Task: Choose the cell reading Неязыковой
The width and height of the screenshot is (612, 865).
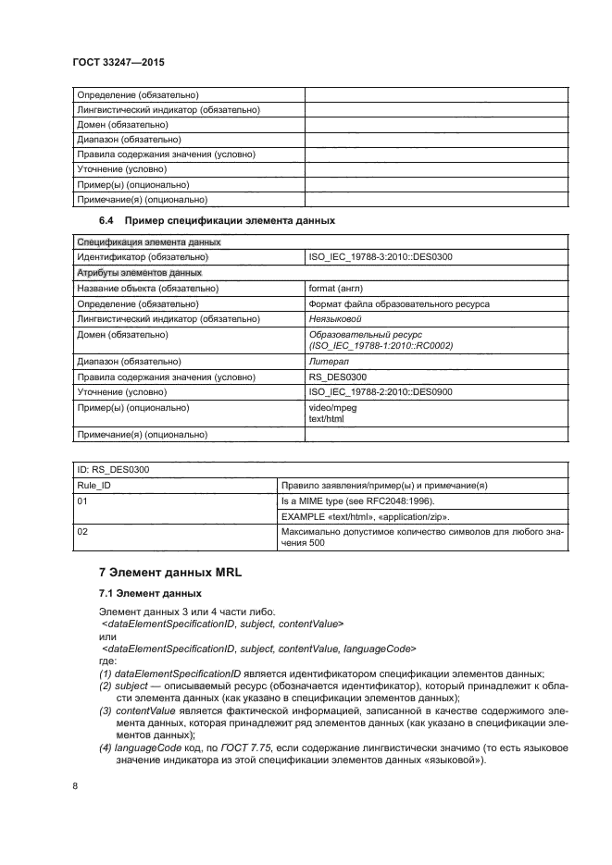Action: (x=335, y=318)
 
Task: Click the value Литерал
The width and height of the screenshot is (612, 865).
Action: (x=328, y=361)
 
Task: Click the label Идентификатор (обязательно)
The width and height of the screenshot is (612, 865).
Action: (x=142, y=256)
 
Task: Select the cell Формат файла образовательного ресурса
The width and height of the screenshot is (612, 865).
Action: (x=398, y=303)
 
